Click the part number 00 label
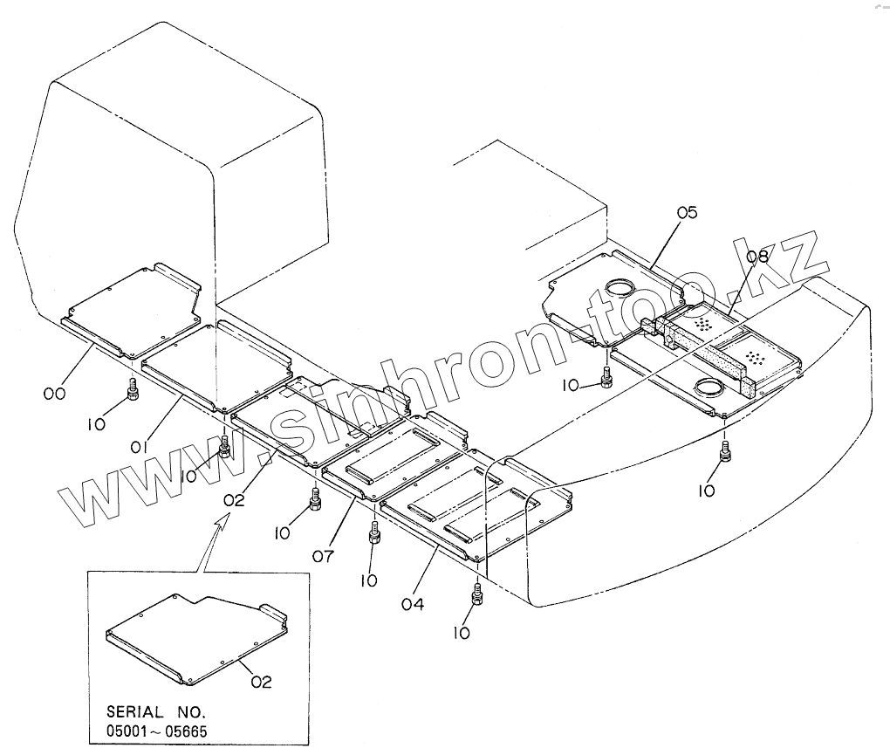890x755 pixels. point(54,395)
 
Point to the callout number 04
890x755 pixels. point(412,603)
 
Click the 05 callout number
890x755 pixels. point(688,212)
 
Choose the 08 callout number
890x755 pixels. point(757,257)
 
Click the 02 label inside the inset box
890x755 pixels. point(262,683)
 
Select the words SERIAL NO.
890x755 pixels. point(156,711)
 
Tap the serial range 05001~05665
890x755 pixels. point(158,731)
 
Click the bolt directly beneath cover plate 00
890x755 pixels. point(133,388)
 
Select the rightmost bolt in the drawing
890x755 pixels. point(725,451)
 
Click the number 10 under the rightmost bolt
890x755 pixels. point(707,491)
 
